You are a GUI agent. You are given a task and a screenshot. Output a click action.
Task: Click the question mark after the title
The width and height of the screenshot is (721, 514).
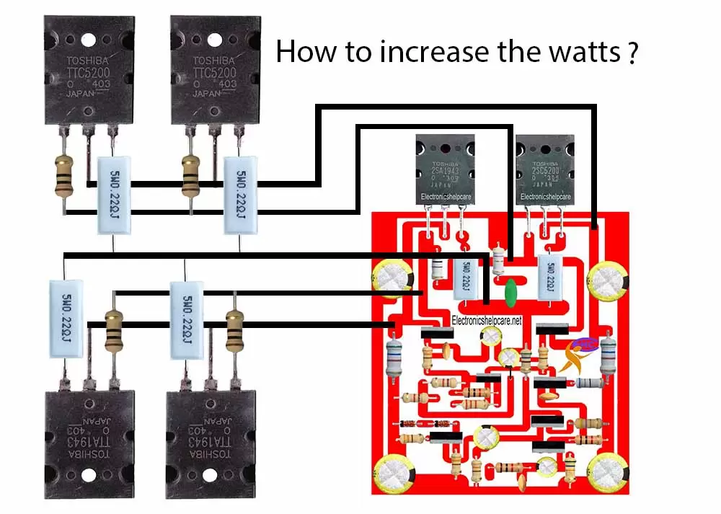(x=632, y=53)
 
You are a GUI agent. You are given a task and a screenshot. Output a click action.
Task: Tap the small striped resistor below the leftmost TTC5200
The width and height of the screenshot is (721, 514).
(x=64, y=176)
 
